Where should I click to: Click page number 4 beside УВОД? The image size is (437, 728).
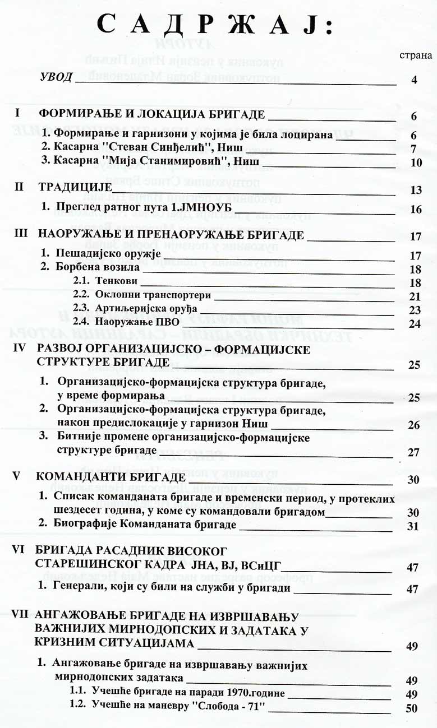[x=414, y=80]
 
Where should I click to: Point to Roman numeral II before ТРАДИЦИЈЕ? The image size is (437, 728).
[x=19, y=187]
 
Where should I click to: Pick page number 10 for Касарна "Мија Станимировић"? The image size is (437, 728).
[x=415, y=163]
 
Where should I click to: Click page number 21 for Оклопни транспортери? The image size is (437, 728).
[x=415, y=296]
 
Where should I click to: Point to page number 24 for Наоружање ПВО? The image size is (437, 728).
[x=415, y=323]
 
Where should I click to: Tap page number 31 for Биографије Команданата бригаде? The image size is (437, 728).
[x=414, y=526]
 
